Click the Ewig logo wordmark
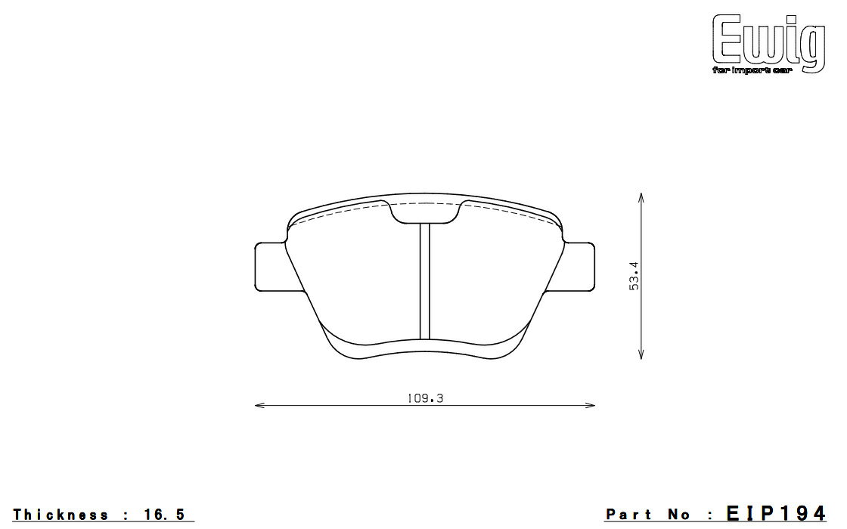(768, 40)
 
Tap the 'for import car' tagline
(752, 71)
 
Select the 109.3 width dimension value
(425, 398)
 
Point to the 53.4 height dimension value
(634, 276)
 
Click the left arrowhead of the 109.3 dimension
(258, 405)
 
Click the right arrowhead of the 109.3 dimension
(591, 405)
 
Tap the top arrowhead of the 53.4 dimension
(641, 196)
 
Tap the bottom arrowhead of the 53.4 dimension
(641, 354)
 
